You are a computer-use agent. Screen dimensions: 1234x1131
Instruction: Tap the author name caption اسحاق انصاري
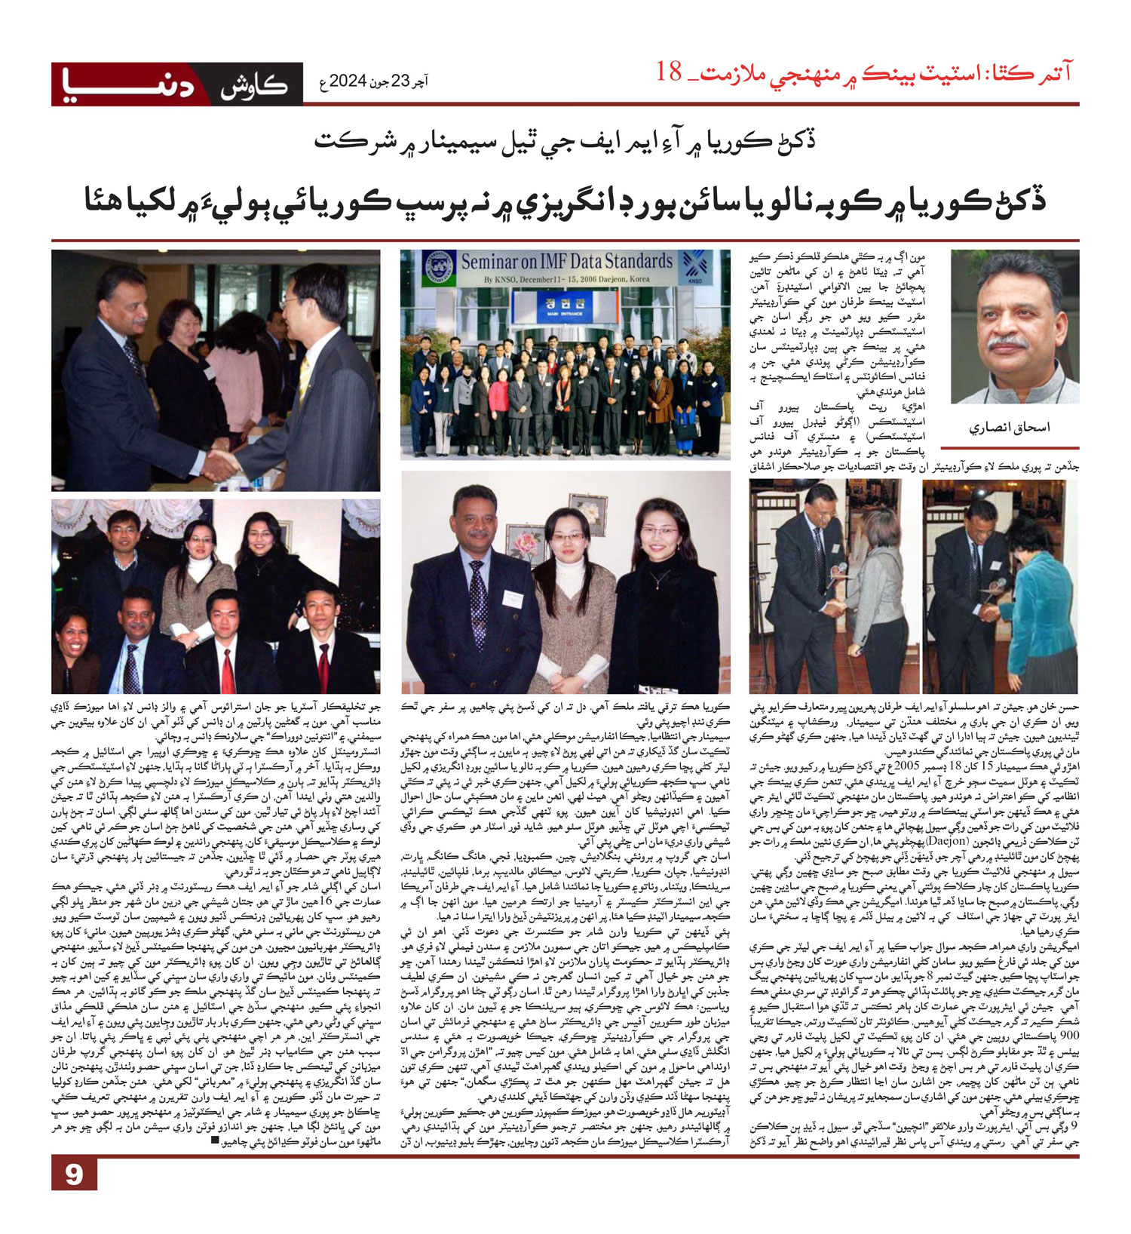pos(1010,428)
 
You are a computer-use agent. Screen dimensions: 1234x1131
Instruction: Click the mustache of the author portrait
pos(1007,342)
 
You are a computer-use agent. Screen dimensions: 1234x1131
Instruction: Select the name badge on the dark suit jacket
pos(513,598)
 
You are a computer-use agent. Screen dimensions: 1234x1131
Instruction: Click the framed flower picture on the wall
pos(587,515)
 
